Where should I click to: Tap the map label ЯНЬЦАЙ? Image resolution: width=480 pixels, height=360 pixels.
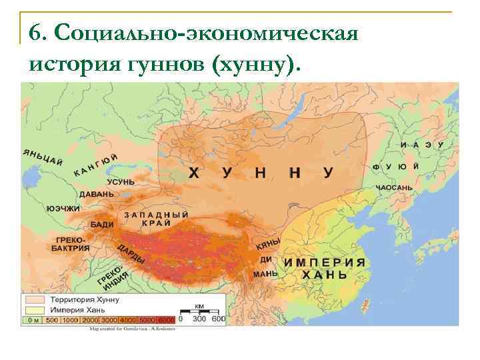[43, 155]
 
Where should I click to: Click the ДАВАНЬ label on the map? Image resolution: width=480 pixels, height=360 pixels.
[97, 194]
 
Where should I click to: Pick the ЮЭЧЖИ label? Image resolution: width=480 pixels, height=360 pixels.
[63, 208]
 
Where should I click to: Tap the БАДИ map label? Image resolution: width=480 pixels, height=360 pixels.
[102, 225]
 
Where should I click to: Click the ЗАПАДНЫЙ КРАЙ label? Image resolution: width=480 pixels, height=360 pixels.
[156, 219]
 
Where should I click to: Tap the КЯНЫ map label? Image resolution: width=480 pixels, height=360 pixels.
[266, 245]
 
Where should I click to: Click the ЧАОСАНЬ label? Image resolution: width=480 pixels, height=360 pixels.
[394, 188]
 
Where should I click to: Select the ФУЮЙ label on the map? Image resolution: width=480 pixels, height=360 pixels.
[395, 166]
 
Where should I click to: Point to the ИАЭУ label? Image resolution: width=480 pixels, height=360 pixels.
[422, 145]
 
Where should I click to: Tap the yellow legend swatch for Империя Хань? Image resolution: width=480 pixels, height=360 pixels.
[33, 309]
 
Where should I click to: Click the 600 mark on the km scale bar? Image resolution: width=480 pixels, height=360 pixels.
[218, 319]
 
